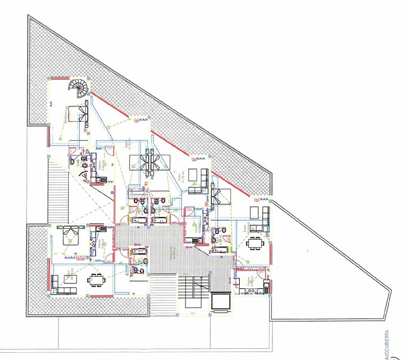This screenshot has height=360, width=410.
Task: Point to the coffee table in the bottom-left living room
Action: pyautogui.click(x=72, y=278)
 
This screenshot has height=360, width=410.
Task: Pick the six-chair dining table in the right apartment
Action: pyautogui.click(x=255, y=243)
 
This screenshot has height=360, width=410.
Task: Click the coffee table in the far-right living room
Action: pyautogui.click(x=254, y=212)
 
